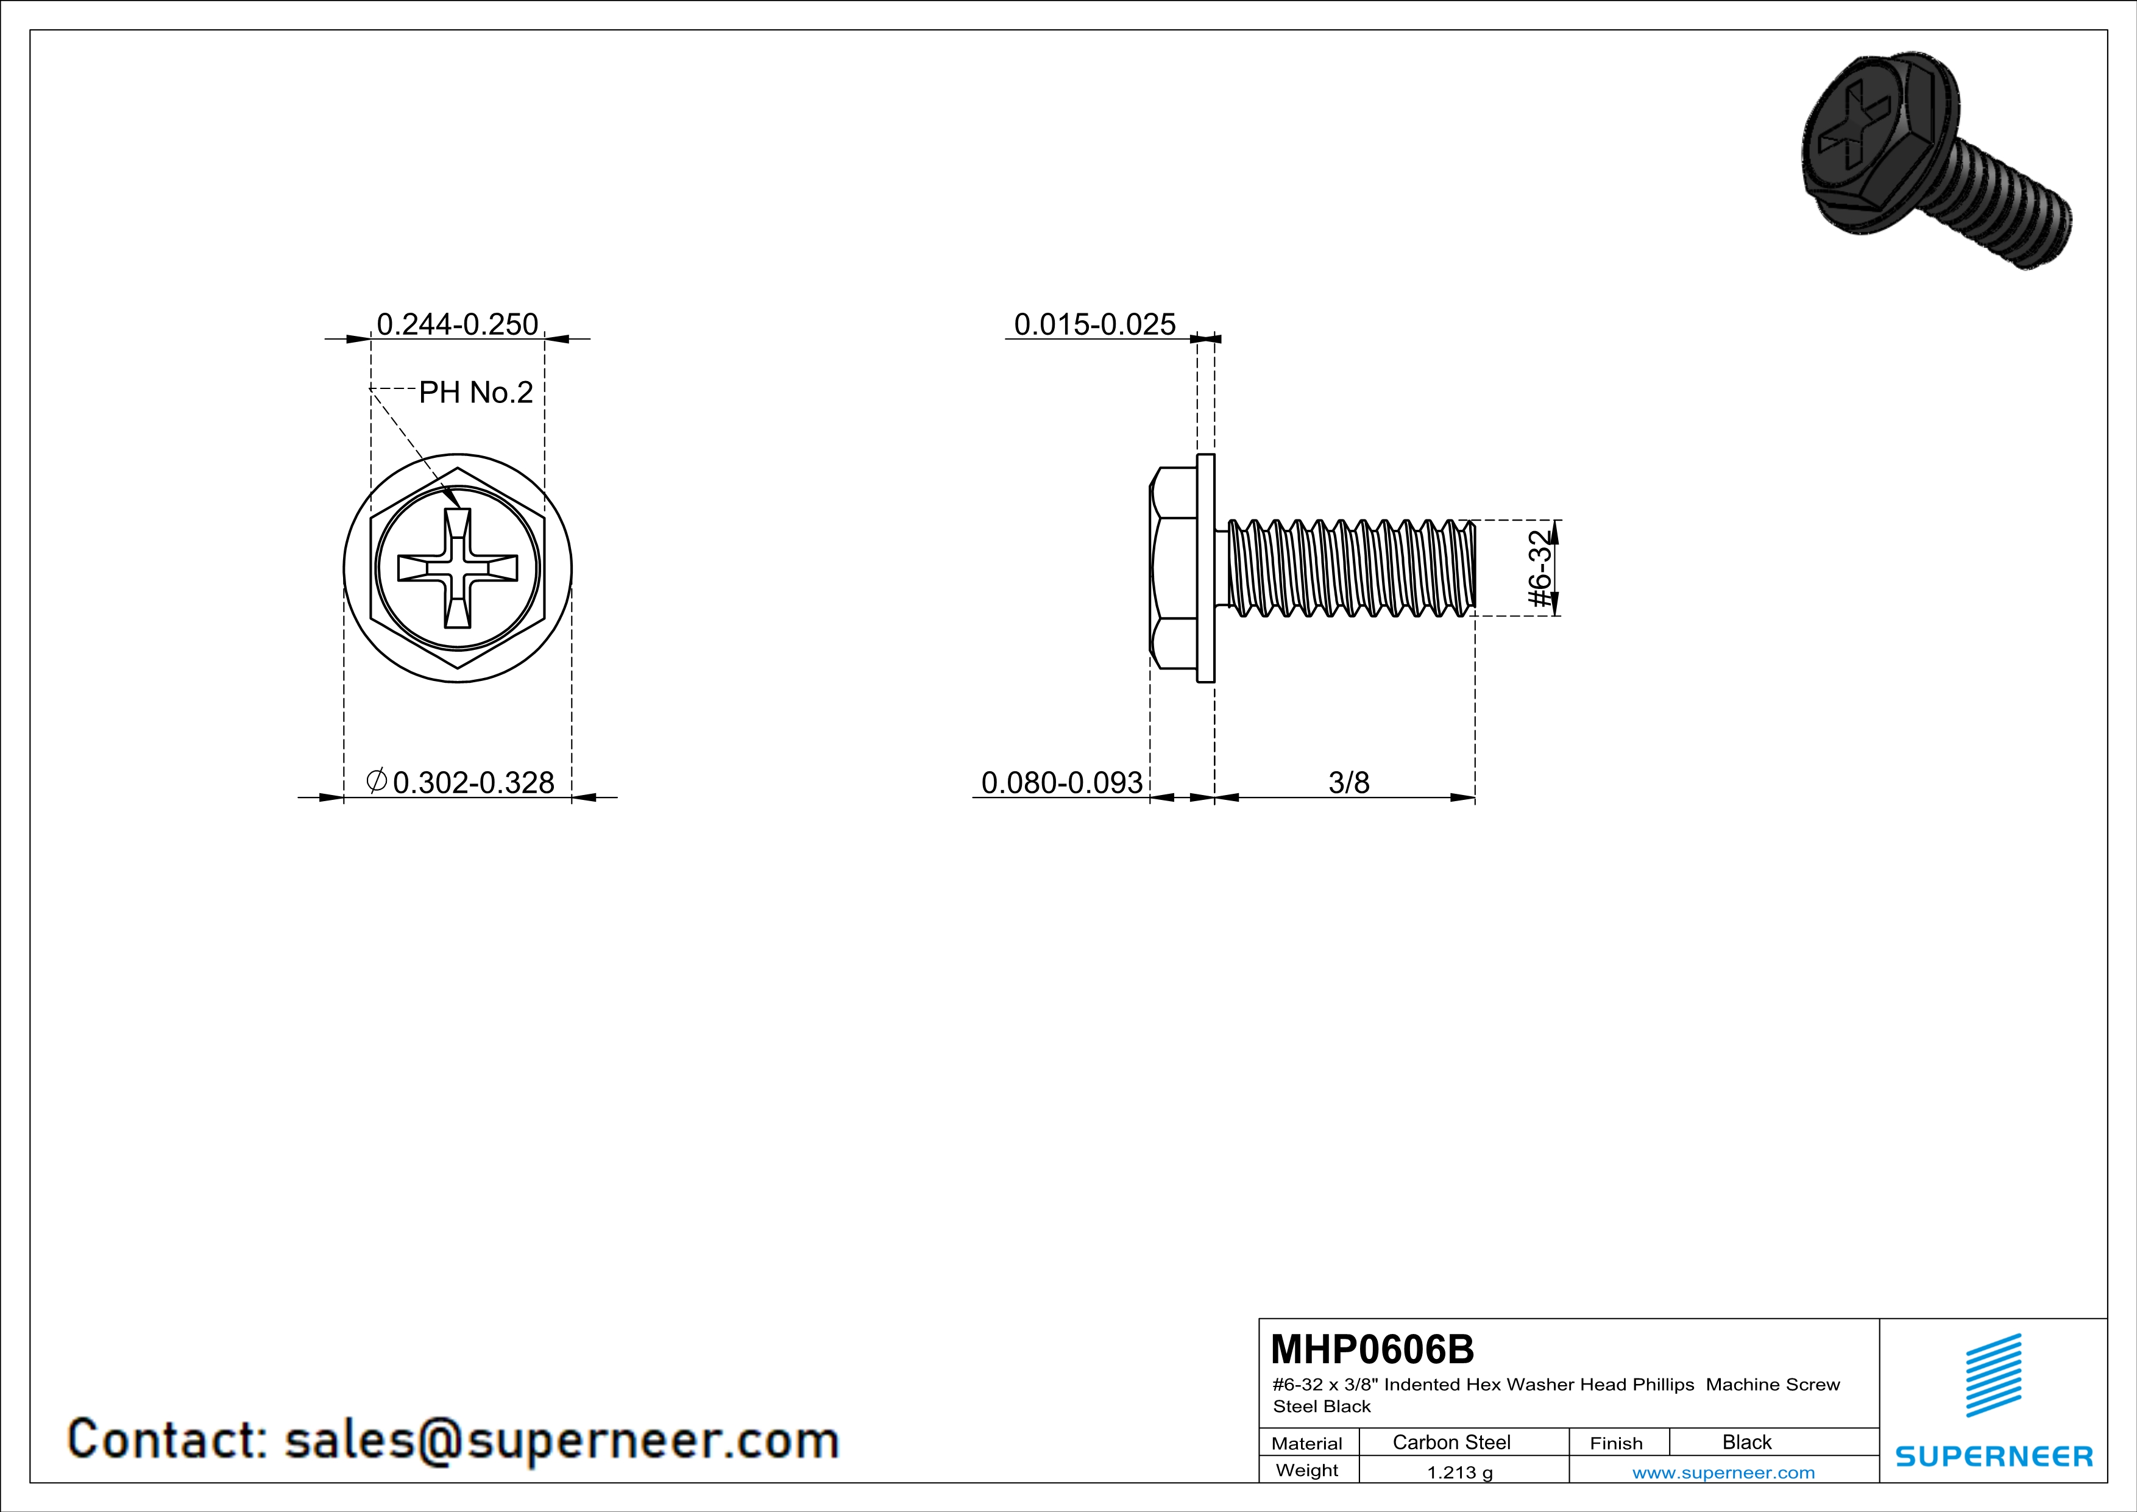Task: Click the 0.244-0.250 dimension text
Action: coord(457,324)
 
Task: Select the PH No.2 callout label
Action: coord(476,393)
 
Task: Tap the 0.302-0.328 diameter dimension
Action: coord(473,782)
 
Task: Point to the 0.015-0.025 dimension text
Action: coord(1094,324)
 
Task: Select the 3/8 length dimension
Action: coord(1348,782)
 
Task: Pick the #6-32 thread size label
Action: coord(1541,568)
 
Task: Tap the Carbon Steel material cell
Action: coord(1451,1442)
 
